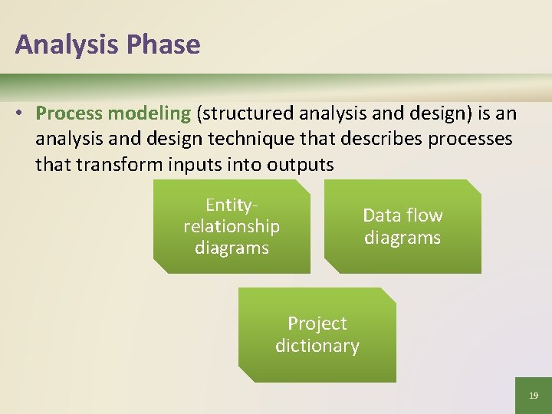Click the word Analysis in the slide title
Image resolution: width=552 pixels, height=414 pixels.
tap(63, 44)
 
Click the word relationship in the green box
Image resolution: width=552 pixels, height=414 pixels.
tap(232, 226)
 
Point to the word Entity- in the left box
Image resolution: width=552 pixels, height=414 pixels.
tap(231, 205)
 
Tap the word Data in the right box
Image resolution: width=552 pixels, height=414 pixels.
tap(381, 215)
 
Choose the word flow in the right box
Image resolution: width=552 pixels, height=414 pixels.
tap(425, 215)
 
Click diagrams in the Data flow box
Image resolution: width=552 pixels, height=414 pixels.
tap(402, 238)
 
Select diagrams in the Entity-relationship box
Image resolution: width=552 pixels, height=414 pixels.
tap(232, 248)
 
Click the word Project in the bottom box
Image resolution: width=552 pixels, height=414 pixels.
tap(317, 324)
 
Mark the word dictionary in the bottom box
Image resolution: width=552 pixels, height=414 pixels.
tap(317, 346)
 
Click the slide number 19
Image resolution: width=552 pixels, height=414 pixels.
tap(534, 396)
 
